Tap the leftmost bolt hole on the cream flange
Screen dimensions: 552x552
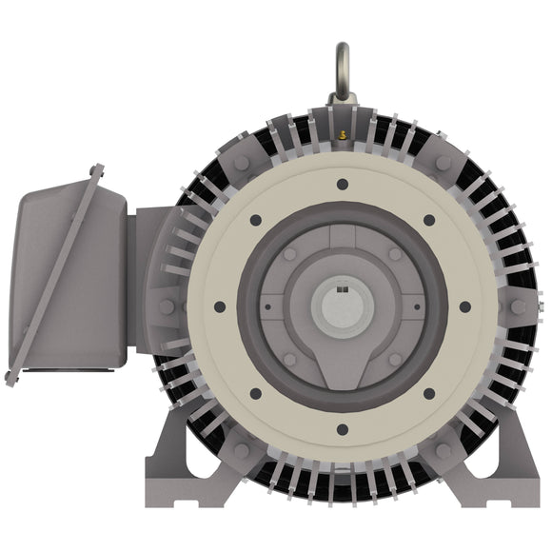pyautogui.click(x=220, y=306)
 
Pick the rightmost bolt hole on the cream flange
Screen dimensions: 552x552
pyautogui.click(x=464, y=306)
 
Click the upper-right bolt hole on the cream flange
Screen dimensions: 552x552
pyautogui.click(x=428, y=220)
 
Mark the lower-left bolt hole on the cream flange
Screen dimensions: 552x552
pyautogui.click(x=255, y=393)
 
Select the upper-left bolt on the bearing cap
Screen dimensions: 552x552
pyautogui.click(x=289, y=254)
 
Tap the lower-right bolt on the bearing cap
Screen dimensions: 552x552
pyautogui.click(x=394, y=359)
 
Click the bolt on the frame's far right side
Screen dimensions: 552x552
pyautogui.click(x=518, y=306)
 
